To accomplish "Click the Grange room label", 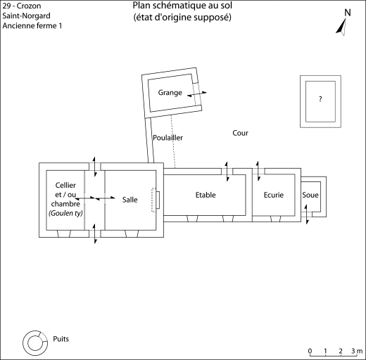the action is (170, 93).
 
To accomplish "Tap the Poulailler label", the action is (168, 138).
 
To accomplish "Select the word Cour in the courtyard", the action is (240, 133).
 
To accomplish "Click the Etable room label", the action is (206, 195).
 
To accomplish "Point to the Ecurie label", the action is (274, 195).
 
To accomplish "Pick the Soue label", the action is (310, 195).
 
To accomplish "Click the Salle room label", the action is (130, 200).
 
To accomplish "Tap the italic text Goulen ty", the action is (65, 213).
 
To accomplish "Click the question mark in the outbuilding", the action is (320, 99).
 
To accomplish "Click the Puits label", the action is (61, 339).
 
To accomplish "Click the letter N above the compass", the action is (348, 13).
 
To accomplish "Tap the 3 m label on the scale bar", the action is (357, 351).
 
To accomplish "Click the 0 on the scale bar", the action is (310, 351).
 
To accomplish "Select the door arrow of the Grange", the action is (197, 94).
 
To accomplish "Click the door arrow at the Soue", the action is (306, 214).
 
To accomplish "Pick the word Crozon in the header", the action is (29, 6).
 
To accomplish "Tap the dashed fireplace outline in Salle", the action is (153, 200).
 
